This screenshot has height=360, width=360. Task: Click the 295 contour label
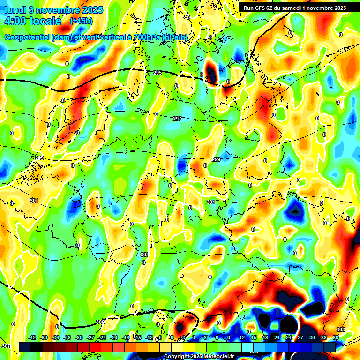[157, 73]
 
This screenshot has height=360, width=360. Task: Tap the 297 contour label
[177, 119]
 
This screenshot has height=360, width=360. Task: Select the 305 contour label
[100, 322]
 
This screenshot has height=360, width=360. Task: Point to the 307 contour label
[5, 346]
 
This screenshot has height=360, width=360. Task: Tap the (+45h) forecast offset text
[81, 21]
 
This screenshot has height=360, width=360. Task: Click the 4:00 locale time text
[32, 21]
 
